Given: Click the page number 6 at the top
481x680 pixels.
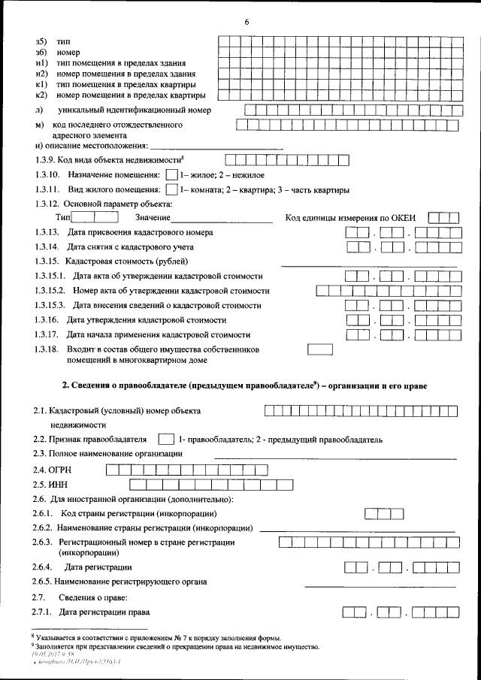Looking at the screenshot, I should (x=246, y=21).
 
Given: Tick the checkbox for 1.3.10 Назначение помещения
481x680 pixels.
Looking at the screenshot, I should (x=171, y=174).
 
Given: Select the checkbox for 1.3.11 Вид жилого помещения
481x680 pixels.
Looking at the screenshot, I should (x=171, y=189).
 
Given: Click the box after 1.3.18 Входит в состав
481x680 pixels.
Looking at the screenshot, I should (x=320, y=350).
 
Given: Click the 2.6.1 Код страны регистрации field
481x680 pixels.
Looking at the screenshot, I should (x=383, y=514).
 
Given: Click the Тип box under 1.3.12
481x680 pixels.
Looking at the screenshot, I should (x=95, y=218).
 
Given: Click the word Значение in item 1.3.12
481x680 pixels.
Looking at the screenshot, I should (x=153, y=219).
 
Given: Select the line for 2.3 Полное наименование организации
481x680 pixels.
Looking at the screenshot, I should (x=335, y=457).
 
